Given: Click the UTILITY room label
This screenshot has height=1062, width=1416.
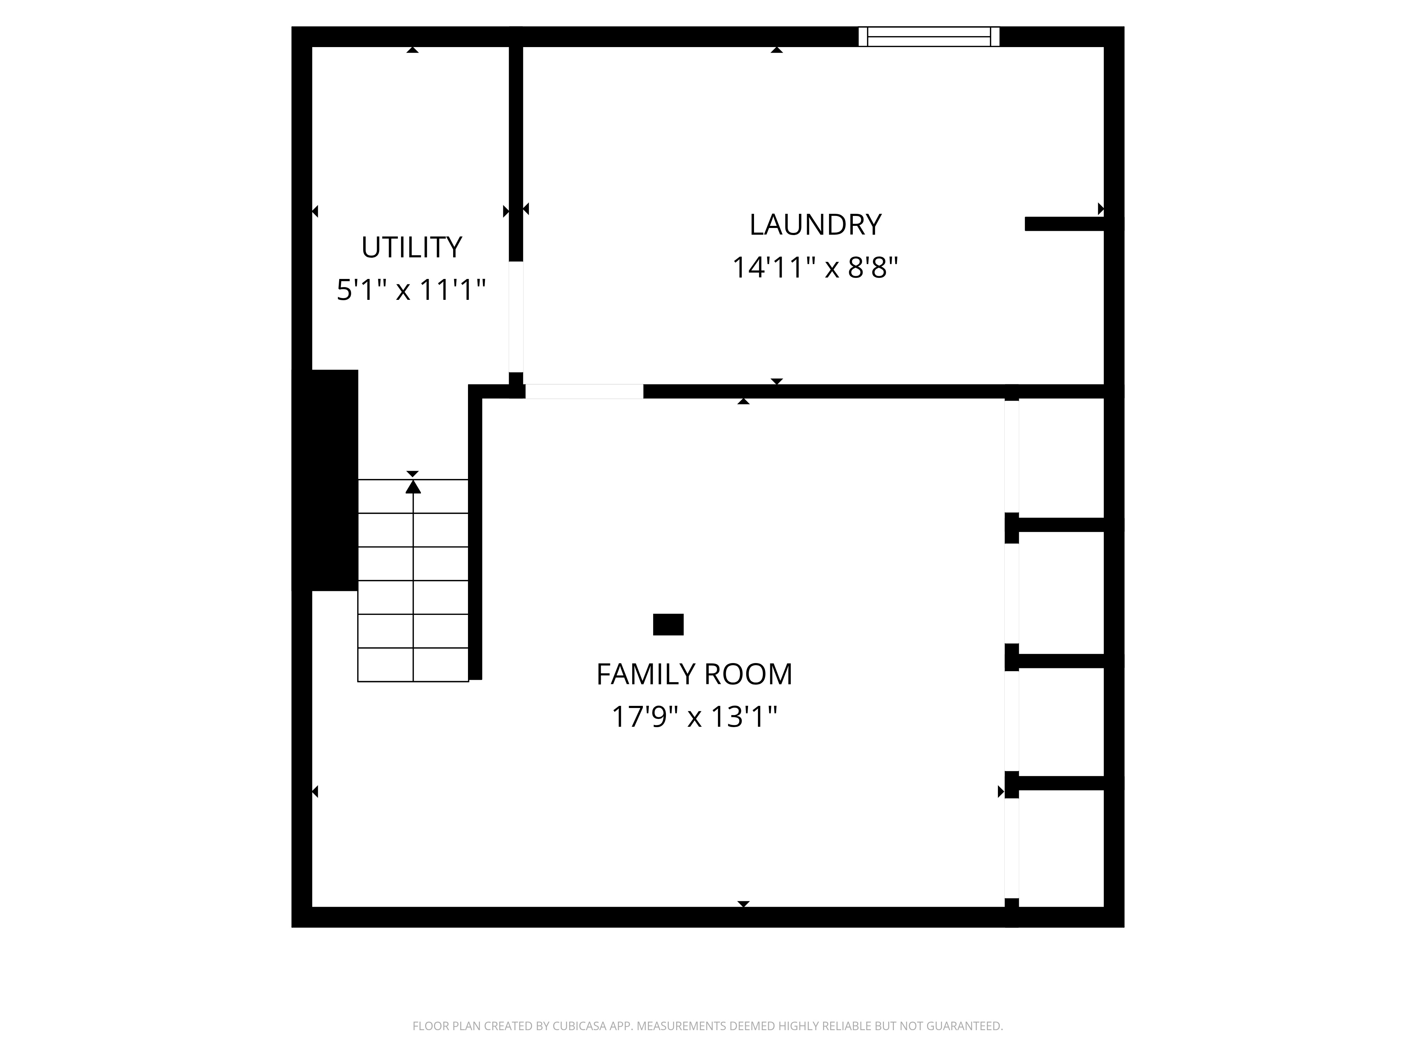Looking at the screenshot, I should [412, 247].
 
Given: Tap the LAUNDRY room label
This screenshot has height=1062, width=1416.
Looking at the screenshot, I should [815, 225].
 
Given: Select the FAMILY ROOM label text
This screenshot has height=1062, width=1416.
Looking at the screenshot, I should [694, 674].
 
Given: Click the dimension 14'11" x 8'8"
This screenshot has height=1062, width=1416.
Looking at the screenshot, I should [815, 268].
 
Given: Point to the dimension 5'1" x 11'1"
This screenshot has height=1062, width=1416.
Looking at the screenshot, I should [412, 290].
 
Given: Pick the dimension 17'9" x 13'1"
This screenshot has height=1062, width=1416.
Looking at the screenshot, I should [694, 717].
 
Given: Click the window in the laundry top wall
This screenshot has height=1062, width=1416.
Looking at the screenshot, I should [928, 36].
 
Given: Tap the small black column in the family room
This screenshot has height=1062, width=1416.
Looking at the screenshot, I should [668, 624].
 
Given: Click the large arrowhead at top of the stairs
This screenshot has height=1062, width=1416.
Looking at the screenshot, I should [413, 487].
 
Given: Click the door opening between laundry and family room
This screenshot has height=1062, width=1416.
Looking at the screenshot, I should [584, 391].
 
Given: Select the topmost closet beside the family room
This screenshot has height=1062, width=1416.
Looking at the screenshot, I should [1061, 458].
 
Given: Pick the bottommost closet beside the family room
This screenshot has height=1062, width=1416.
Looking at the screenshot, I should [1061, 848].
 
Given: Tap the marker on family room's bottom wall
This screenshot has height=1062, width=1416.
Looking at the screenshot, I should [743, 904].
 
